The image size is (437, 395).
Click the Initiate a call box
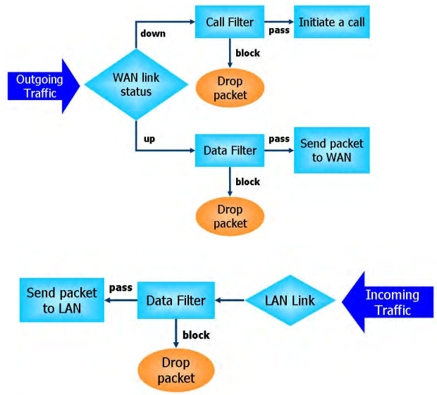[331, 23]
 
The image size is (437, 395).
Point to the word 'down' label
[152, 33]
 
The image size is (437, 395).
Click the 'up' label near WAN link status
[149, 139]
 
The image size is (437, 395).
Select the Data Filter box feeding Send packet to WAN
[230, 151]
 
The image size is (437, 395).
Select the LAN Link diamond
[289, 301]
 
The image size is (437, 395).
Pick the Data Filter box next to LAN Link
[176, 301]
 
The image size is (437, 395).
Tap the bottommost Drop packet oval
[175, 371]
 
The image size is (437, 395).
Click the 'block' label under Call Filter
[247, 53]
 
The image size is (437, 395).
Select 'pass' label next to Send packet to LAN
[119, 288]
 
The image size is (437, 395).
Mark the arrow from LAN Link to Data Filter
[230, 301]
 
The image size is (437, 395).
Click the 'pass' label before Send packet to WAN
[279, 139]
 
